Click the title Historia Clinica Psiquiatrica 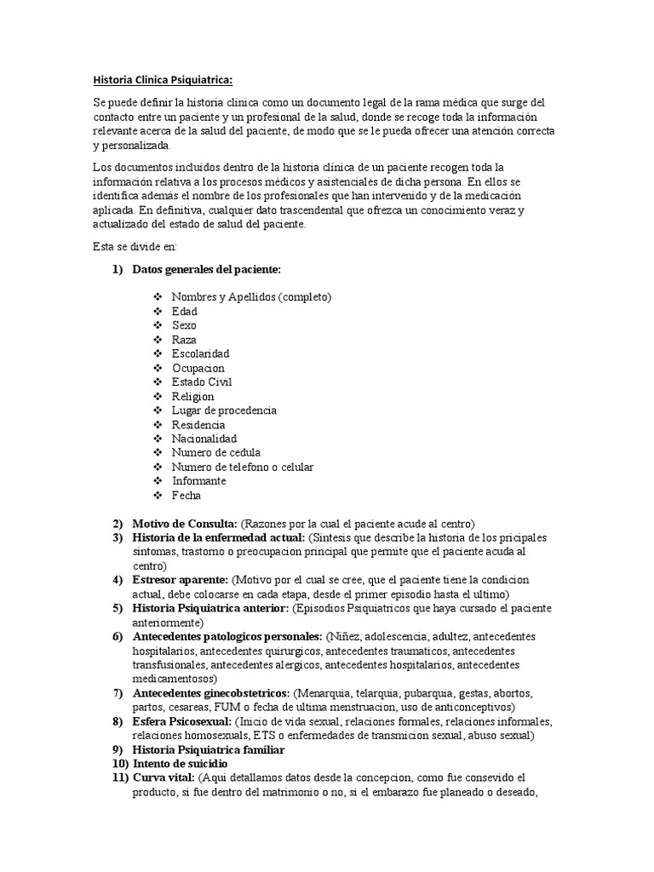pyautogui.click(x=161, y=82)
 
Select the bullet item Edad pyautogui.click(x=184, y=312)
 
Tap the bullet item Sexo pyautogui.click(x=184, y=325)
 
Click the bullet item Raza pyautogui.click(x=184, y=340)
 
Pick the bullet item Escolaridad pyautogui.click(x=200, y=353)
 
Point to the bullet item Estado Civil pyautogui.click(x=201, y=382)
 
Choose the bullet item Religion pyautogui.click(x=192, y=396)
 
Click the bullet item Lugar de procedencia pyautogui.click(x=224, y=410)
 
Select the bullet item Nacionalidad pyautogui.click(x=204, y=439)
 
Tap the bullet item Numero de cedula pyautogui.click(x=215, y=453)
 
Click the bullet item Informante pyautogui.click(x=198, y=481)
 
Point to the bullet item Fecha pyautogui.click(x=186, y=496)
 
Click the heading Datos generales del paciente pyautogui.click(x=206, y=270)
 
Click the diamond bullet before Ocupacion pyautogui.click(x=158, y=368)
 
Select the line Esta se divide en pyautogui.click(x=134, y=247)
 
